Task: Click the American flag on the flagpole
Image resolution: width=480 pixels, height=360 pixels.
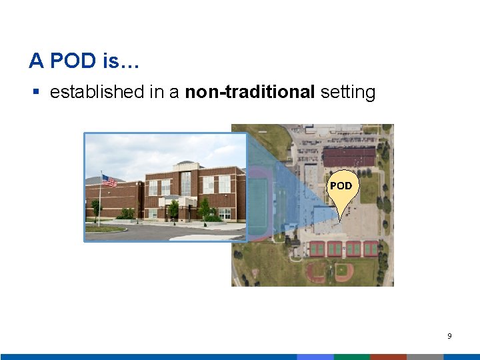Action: click(109, 181)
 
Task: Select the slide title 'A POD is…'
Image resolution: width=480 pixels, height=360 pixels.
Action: click(84, 61)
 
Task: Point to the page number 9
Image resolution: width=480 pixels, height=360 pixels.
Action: click(449, 336)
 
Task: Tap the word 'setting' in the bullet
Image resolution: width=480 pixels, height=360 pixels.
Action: click(348, 92)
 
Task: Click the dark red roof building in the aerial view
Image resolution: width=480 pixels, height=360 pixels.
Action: click(349, 157)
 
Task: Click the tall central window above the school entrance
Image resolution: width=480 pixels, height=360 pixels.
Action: click(185, 183)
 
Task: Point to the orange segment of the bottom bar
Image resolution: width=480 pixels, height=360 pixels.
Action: click(388, 357)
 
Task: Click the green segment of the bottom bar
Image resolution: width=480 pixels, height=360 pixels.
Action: click(351, 357)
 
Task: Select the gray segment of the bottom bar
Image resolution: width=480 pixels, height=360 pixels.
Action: click(425, 357)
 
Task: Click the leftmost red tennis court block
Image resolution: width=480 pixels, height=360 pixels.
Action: click(316, 249)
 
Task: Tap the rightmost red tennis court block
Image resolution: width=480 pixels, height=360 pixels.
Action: click(371, 249)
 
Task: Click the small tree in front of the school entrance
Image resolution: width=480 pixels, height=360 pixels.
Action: click(173, 209)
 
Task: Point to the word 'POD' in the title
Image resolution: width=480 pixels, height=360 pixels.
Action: click(73, 61)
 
